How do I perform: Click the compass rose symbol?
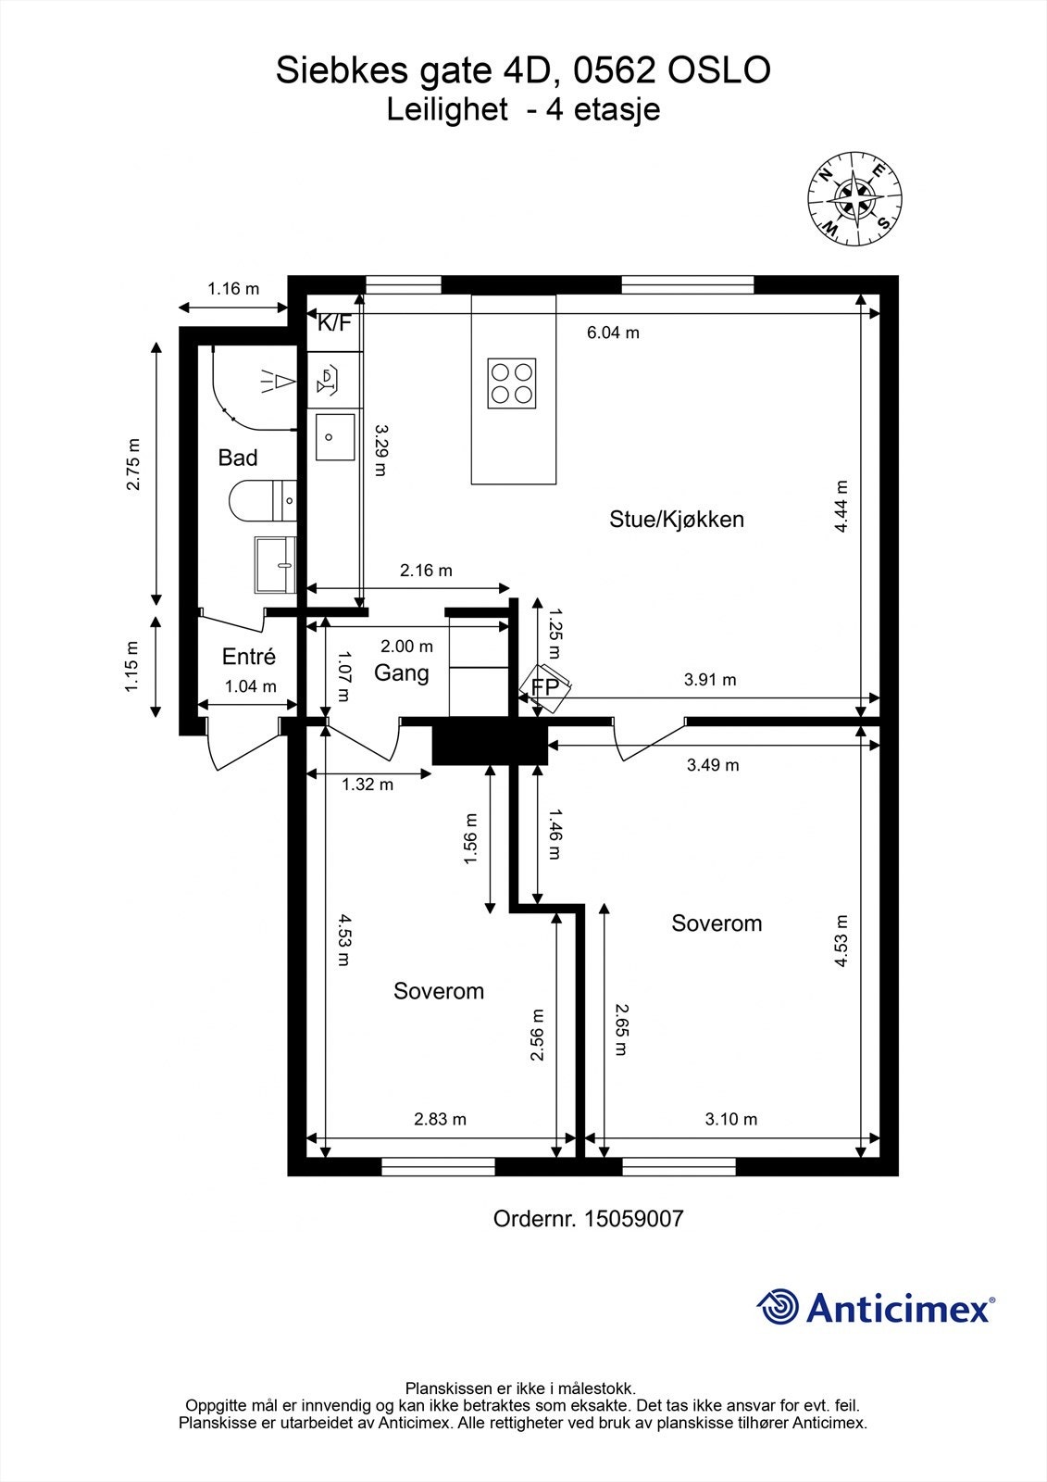point(854,198)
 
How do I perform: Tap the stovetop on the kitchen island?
point(512,383)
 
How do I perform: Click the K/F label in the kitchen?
point(335,323)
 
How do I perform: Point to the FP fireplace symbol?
point(545,688)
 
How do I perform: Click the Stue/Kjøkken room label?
point(677,520)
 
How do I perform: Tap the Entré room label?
point(249,657)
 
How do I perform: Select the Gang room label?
point(402,673)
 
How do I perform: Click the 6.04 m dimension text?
point(613,333)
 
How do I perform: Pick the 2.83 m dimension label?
point(440,1119)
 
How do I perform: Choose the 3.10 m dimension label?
point(730,1119)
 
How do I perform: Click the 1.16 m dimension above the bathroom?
point(233,288)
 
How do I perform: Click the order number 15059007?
point(633,1219)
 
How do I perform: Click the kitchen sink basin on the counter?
point(335,436)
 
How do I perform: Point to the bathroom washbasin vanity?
point(275,564)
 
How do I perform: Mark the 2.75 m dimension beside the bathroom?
point(133,464)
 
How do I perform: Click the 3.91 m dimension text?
point(710,680)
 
